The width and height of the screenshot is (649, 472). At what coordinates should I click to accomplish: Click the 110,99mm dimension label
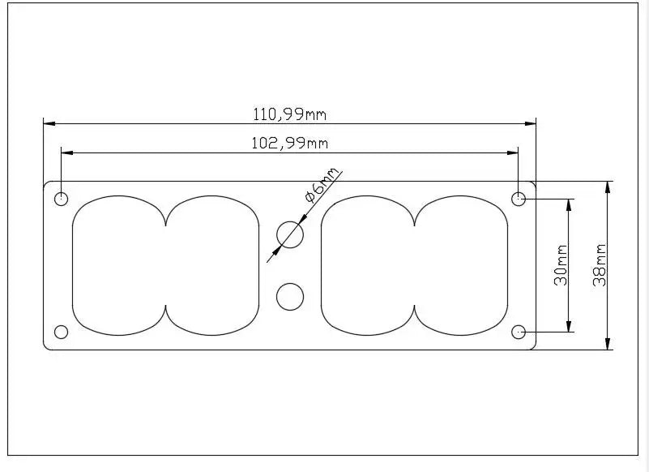[x=290, y=114]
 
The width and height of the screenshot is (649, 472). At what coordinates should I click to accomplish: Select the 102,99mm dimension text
[x=290, y=144]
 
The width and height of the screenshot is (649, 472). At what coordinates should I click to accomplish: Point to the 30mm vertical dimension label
[x=561, y=265]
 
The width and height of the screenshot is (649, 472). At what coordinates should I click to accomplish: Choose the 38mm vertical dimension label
[x=600, y=265]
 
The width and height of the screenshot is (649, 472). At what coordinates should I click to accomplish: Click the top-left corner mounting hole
[x=62, y=199]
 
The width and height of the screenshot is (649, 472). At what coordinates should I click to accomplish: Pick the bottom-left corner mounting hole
[x=62, y=332]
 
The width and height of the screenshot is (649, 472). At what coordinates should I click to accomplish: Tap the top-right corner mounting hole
[x=519, y=199]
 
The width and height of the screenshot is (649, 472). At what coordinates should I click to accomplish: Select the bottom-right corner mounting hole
[x=519, y=332]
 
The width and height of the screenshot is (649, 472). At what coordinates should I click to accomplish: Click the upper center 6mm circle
[x=290, y=234]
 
